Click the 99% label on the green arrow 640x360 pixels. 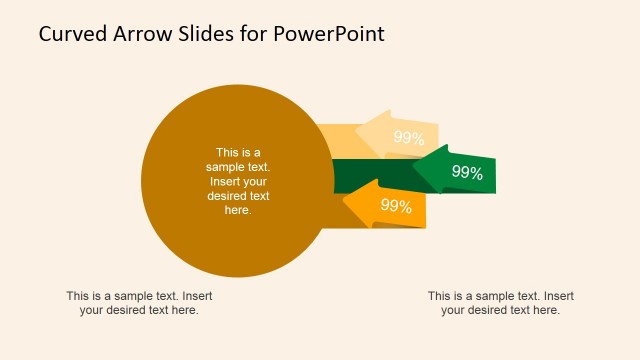(467, 172)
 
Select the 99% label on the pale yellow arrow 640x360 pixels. (408, 138)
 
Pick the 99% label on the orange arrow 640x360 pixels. (396, 207)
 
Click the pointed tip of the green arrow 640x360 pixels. (413, 170)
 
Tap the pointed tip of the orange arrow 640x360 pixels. (345, 205)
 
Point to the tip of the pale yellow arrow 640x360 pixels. (357, 136)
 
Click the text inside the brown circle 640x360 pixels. (238, 181)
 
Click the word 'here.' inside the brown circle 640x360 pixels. (238, 210)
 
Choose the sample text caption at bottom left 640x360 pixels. (139, 303)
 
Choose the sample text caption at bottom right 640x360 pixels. (500, 303)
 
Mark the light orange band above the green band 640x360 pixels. (335, 140)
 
